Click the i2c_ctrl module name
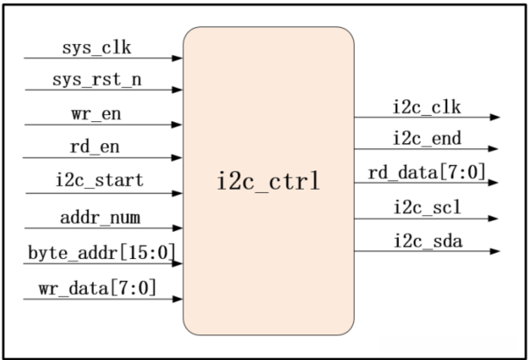(268, 183)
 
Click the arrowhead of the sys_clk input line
(177, 58)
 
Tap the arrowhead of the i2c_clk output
(495, 117)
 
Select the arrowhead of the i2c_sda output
(495, 252)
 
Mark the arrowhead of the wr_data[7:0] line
(177, 299)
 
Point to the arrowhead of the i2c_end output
(495, 150)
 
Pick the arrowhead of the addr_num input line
(177, 227)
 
